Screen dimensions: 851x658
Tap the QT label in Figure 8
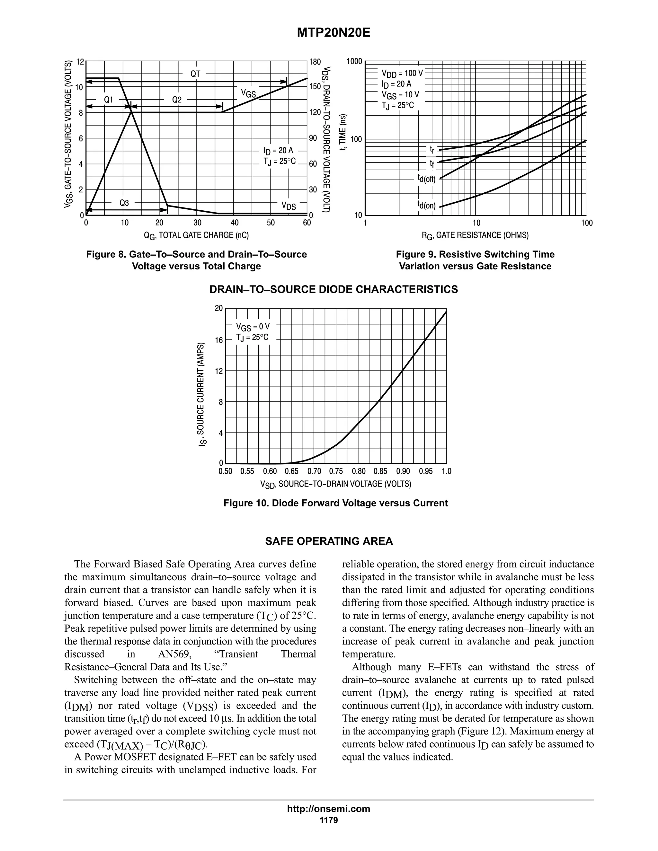pos(195,74)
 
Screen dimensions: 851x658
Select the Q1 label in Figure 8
pos(108,100)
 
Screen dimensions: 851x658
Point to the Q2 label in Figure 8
pos(177,100)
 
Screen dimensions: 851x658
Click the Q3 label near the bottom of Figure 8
pos(124,203)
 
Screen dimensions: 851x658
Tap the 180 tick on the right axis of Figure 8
pos(315,62)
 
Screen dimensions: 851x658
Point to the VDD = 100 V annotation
pos(402,73)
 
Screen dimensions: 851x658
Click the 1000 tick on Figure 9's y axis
pos(354,61)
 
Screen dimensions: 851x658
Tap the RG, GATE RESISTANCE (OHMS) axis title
pos(475,235)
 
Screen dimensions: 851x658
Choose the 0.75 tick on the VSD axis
pos(336,471)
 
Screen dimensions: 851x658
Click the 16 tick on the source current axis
pos(219,340)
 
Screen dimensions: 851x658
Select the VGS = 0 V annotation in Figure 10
pos(253,327)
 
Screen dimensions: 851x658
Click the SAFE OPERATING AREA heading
pos(329,541)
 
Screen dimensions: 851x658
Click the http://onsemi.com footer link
pos(329,809)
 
